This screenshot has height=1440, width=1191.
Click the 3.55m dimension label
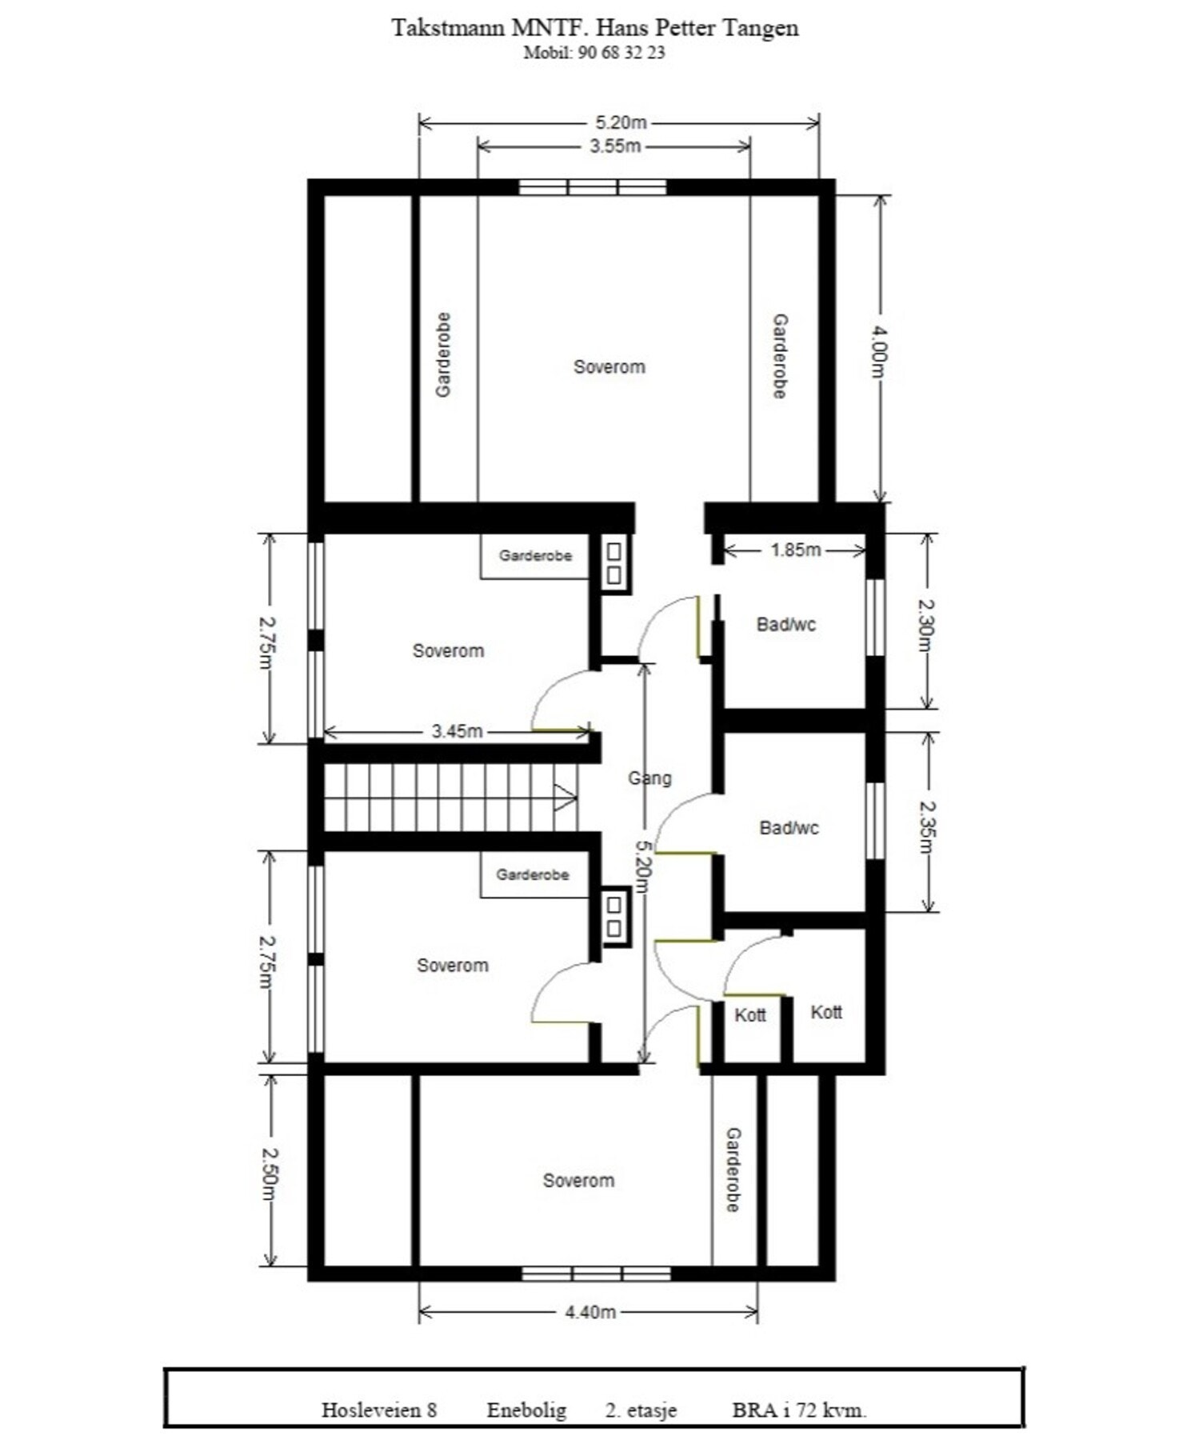(614, 146)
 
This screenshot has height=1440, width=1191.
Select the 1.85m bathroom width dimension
(795, 550)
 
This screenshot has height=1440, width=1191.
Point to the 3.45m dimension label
(457, 731)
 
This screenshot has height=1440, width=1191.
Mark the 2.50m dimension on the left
(270, 1175)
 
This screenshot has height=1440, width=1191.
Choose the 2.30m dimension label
(926, 625)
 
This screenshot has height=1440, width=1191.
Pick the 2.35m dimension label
(926, 826)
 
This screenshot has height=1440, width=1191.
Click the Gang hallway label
(649, 778)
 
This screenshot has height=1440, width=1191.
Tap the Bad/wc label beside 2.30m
(785, 624)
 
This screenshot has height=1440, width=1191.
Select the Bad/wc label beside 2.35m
(789, 827)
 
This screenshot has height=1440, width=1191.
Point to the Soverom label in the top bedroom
(609, 366)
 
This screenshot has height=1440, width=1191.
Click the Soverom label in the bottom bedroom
(578, 1180)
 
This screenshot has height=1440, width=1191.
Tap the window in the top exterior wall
(593, 187)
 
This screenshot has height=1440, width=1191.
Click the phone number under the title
(594, 53)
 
